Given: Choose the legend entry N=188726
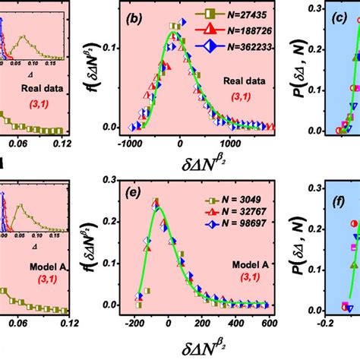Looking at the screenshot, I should (x=231, y=29).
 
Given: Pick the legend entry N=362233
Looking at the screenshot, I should (x=231, y=44).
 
